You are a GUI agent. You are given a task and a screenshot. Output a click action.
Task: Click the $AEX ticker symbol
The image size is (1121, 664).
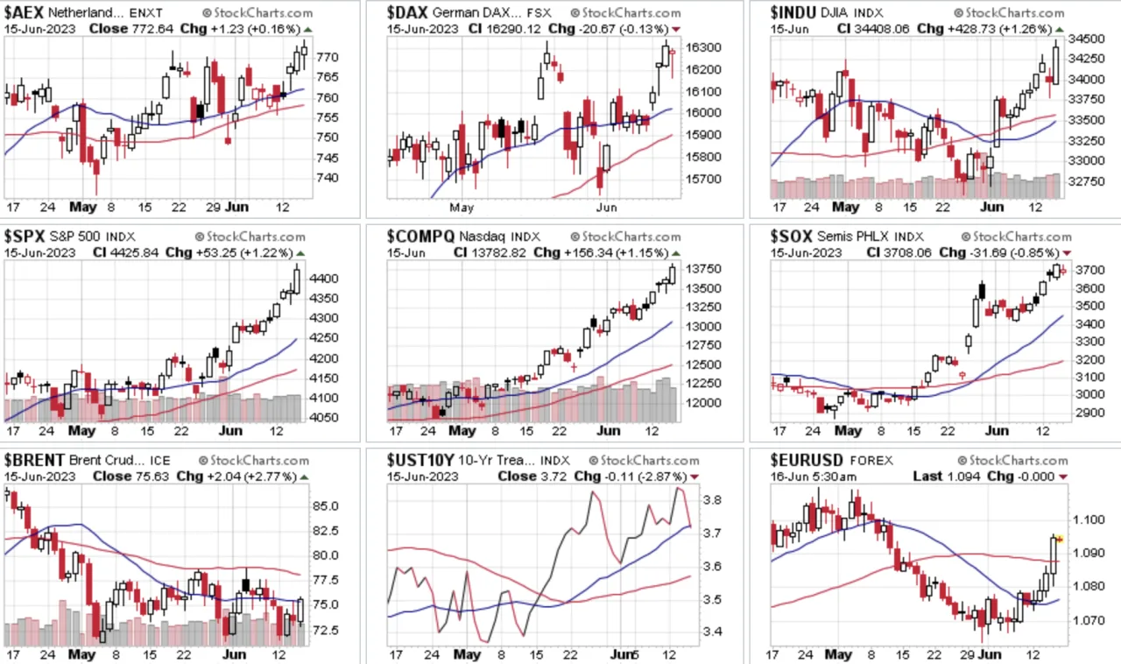coord(24,12)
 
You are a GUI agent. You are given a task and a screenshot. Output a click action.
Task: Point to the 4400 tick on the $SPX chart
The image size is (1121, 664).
coord(324,279)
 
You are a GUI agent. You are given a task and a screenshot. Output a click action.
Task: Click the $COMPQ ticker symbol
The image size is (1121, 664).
coord(420,236)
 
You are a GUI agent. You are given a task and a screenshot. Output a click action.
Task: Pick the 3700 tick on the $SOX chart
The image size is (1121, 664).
coord(1090,271)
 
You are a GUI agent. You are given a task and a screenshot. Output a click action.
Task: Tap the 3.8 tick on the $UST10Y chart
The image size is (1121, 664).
coord(712,500)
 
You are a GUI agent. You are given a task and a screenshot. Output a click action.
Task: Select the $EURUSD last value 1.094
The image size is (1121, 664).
coord(963,477)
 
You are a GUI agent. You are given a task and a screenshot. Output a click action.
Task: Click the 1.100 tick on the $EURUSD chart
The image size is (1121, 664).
coord(1089,519)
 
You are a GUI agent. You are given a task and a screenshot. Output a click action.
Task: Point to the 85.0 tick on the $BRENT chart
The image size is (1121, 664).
coord(325,506)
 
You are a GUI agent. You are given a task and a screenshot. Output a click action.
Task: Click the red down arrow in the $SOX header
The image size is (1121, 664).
coord(1067,253)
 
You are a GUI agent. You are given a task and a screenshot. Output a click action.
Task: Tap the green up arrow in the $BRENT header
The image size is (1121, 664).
coord(304,477)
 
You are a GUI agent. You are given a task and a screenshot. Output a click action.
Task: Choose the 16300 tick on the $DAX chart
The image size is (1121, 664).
coord(703,47)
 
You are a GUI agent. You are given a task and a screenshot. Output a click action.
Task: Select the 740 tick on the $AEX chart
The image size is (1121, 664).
coord(328,178)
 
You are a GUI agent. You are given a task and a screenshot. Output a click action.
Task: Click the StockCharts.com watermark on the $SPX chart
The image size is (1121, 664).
coord(250,237)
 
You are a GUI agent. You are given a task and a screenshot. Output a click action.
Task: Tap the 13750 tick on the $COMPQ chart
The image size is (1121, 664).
coord(703,269)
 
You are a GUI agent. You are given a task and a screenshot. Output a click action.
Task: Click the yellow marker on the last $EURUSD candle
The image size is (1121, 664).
coord(1060,540)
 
